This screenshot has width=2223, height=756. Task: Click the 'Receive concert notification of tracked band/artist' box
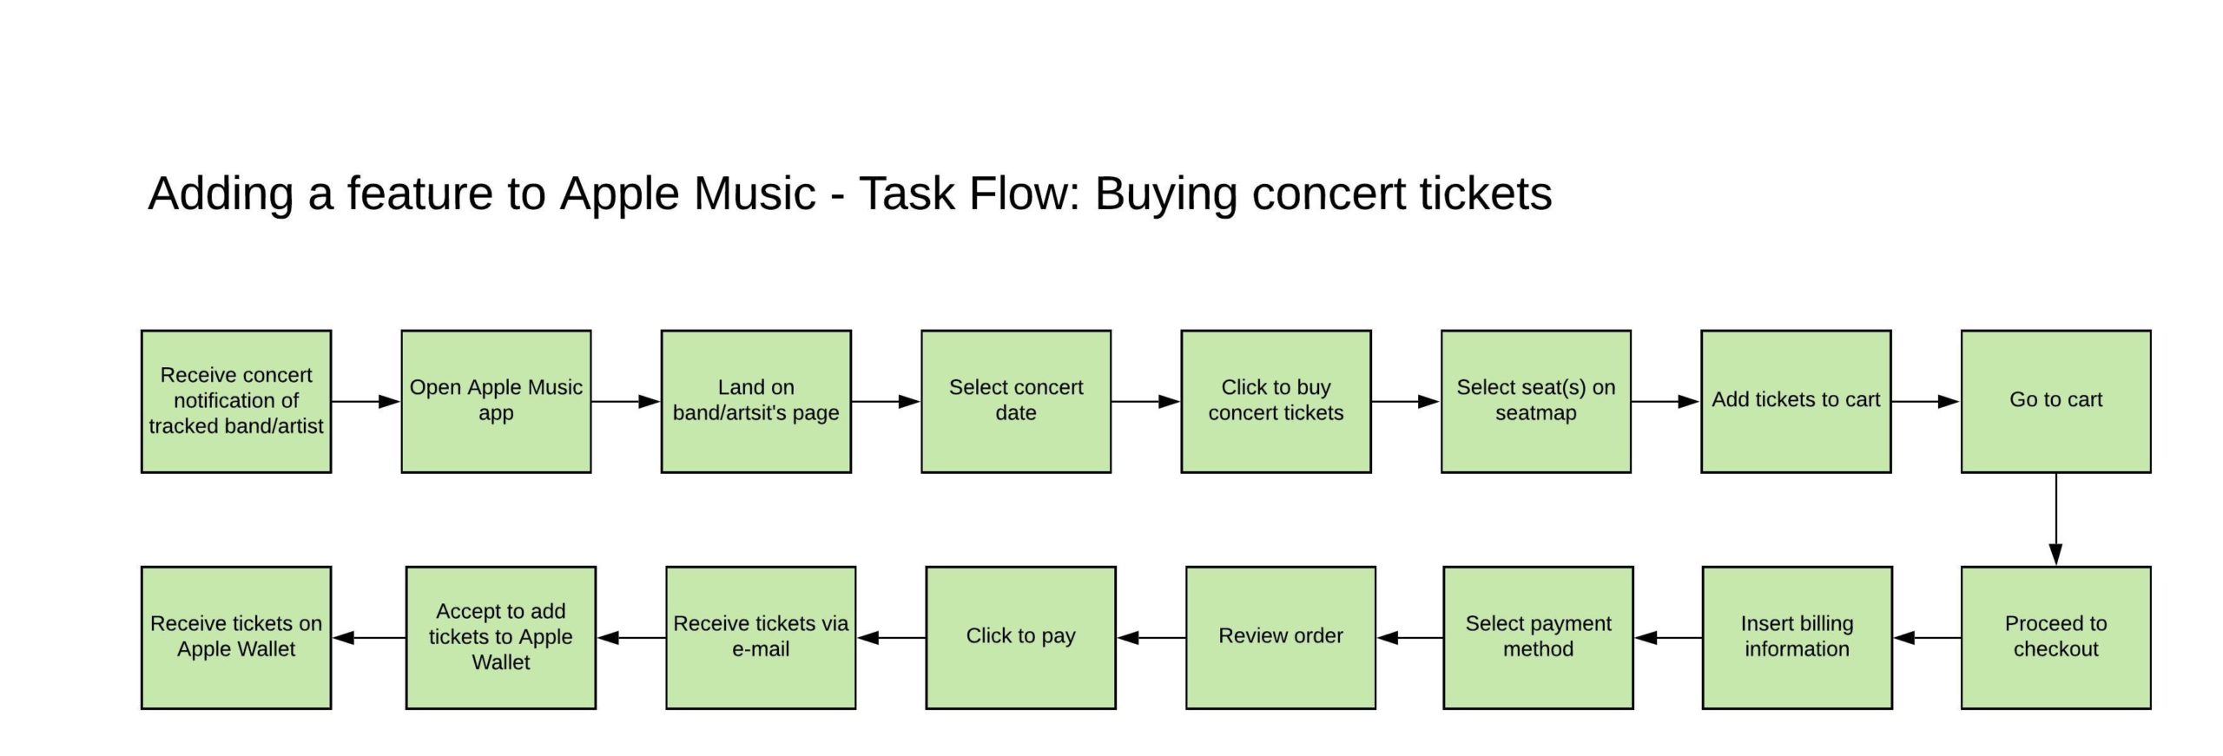[236, 401]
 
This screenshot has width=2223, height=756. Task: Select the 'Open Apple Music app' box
[496, 401]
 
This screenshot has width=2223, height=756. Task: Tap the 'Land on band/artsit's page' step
[755, 401]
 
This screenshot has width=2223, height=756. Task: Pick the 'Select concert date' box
[1016, 401]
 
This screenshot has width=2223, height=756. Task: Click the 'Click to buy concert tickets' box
[1276, 401]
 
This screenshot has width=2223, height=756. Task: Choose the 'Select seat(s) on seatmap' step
[1535, 401]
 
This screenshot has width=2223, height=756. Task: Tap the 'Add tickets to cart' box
[1796, 401]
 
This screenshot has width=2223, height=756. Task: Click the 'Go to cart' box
[2055, 401]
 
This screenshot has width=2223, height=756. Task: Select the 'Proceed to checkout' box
[2055, 637]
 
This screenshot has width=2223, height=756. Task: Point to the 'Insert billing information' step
[1797, 637]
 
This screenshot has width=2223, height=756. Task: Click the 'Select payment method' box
[1538, 637]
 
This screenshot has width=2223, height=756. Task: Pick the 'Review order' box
[1281, 637]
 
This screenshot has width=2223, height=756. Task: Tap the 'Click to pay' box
[1020, 637]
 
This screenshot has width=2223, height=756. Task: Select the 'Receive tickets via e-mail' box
[761, 637]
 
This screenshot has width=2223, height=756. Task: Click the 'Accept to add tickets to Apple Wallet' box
[501, 637]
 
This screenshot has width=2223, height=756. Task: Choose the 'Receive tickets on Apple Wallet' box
[236, 637]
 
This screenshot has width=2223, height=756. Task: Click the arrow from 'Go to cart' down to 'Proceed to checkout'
[2055, 519]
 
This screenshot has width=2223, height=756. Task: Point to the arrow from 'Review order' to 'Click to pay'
[1151, 637]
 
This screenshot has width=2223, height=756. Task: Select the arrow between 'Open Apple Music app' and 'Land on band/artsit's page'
[626, 401]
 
